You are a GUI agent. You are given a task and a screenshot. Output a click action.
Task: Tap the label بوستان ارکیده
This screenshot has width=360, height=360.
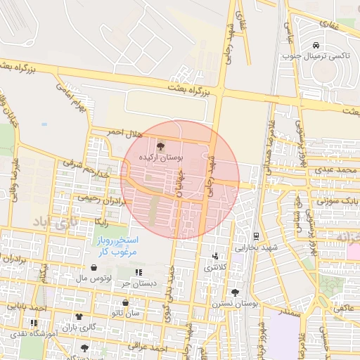[x=160, y=158]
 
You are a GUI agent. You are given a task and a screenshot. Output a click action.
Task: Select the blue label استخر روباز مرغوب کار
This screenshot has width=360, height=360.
[x=118, y=245]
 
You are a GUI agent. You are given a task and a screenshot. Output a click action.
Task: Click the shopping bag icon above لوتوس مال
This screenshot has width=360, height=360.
[x=94, y=268]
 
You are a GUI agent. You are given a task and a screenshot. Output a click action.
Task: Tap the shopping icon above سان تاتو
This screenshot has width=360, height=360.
[x=125, y=304]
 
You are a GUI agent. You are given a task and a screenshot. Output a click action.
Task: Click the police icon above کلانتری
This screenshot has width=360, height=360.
[x=215, y=256]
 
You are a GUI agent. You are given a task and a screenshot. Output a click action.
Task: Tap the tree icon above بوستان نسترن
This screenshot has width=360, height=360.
[x=235, y=292]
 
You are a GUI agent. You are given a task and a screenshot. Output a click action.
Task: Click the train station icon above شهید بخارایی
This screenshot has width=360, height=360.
[x=256, y=236]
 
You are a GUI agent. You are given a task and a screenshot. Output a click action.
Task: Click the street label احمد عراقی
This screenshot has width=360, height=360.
[x=148, y=347]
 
